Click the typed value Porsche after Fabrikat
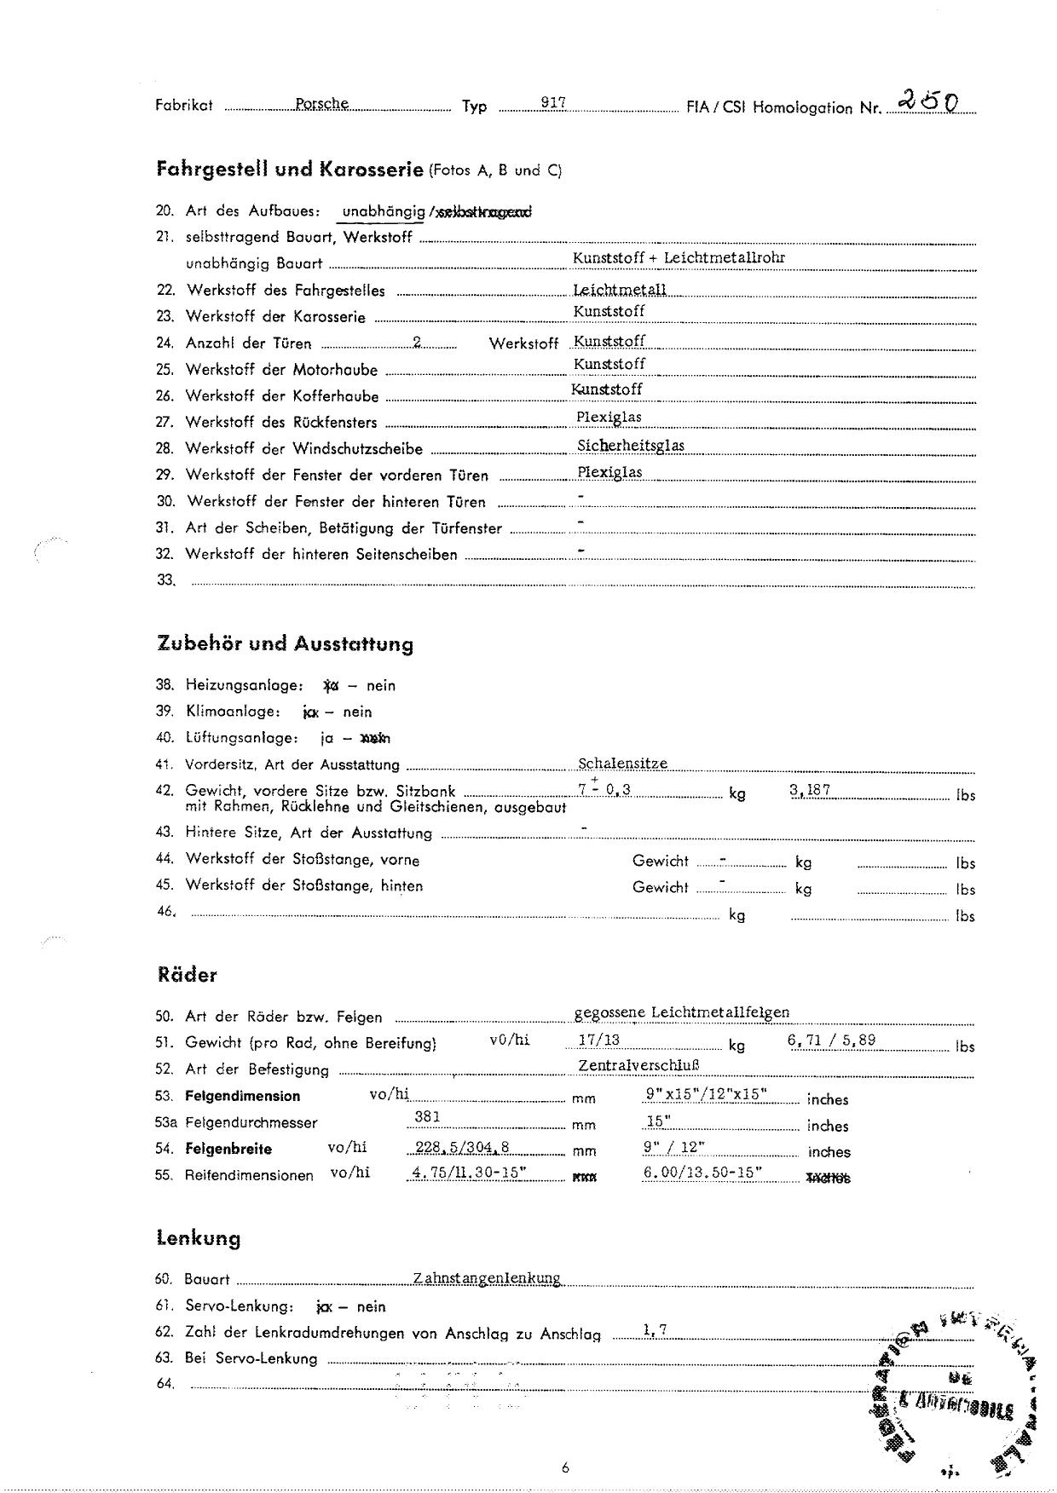point(321,103)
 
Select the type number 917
point(554,102)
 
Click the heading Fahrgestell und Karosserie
point(290,169)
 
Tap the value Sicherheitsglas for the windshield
point(630,445)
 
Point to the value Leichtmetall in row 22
point(620,290)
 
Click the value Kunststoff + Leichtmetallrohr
point(679,257)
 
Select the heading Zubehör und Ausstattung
point(285,643)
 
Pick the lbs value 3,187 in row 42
point(810,790)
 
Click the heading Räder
point(187,975)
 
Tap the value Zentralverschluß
point(638,1065)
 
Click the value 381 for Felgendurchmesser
point(427,1117)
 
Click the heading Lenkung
point(198,1238)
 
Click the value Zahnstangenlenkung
point(486,1278)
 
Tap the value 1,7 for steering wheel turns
point(655,1329)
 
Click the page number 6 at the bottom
point(565,1467)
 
